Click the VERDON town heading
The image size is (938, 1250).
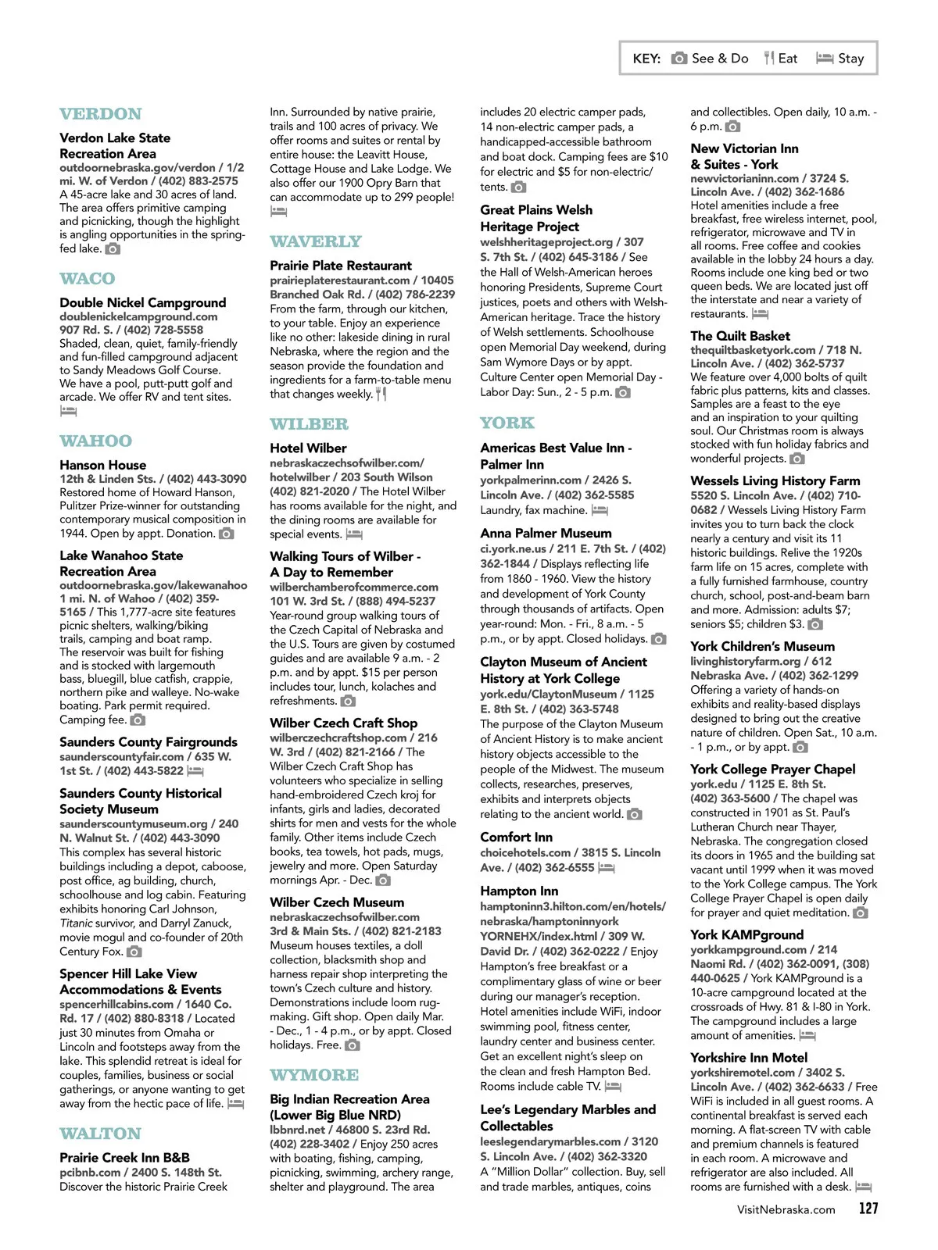tap(101, 114)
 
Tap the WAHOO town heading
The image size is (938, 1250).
tap(96, 441)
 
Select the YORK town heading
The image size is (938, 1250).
tap(507, 423)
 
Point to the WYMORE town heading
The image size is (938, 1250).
tap(314, 1075)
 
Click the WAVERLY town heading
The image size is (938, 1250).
tap(316, 241)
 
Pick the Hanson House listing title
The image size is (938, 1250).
tap(103, 465)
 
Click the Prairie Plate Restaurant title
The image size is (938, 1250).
tap(341, 266)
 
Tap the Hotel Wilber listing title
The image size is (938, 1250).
tap(308, 448)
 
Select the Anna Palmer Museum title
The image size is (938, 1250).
tap(546, 534)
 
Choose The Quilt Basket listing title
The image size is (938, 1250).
tap(740, 336)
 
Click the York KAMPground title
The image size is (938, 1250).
tap(746, 934)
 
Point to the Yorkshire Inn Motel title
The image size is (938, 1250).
tap(749, 1057)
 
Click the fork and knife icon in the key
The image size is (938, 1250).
tap(769, 58)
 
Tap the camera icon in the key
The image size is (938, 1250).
tap(679, 58)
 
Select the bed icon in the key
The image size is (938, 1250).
tap(825, 58)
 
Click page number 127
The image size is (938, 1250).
tap(868, 1209)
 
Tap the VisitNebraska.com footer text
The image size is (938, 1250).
tap(786, 1209)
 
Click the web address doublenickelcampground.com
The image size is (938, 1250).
tap(138, 316)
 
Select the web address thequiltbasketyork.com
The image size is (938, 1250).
tap(753, 350)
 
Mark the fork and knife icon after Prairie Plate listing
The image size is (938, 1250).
tap(381, 394)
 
